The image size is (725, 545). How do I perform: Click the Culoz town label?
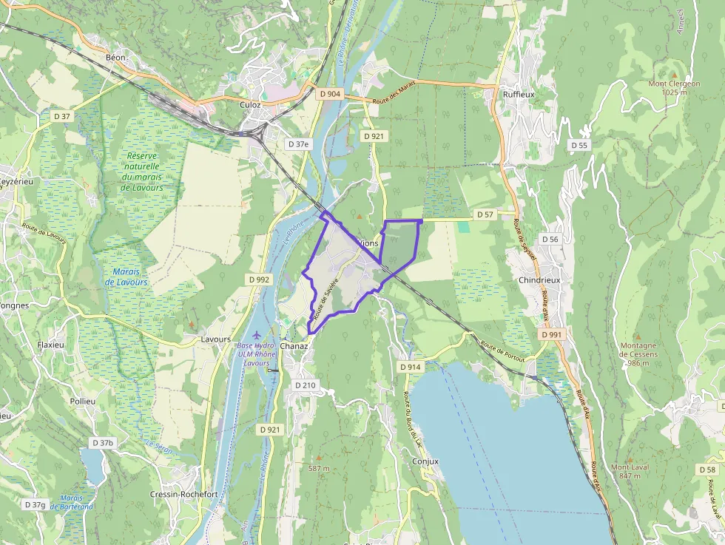(250, 105)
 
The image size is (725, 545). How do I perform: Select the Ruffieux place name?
(518, 94)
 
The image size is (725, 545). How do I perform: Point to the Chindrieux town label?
(539, 281)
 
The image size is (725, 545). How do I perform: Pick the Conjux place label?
(425, 461)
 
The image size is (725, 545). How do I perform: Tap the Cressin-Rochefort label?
(183, 494)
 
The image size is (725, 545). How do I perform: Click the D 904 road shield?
(331, 94)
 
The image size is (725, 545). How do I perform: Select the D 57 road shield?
(485, 214)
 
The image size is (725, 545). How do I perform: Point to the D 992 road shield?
(259, 280)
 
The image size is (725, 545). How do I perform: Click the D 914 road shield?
(410, 367)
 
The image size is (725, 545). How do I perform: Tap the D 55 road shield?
(579, 145)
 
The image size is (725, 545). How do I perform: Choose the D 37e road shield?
(299, 143)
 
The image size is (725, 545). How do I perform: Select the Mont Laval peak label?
(630, 471)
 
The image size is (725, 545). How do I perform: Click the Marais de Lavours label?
(127, 277)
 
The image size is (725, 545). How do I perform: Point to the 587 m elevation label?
(320, 468)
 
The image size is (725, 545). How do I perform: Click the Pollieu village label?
(83, 401)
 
